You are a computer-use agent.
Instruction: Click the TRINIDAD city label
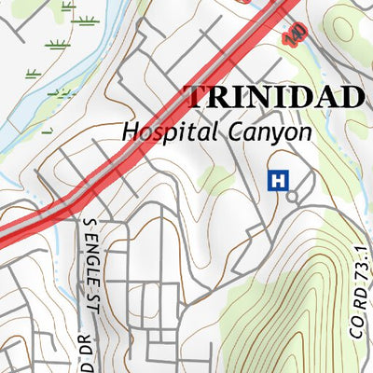pyautogui.click(x=273, y=97)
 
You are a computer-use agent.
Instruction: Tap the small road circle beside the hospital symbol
pyautogui.click(x=293, y=197)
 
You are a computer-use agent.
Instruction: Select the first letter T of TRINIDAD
pyautogui.click(x=193, y=97)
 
